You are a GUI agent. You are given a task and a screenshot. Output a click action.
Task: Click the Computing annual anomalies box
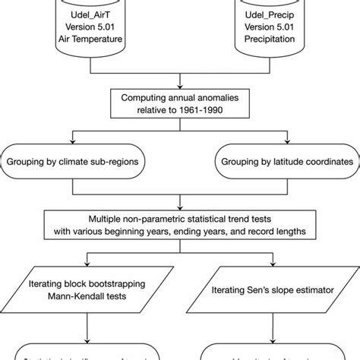pos(179,102)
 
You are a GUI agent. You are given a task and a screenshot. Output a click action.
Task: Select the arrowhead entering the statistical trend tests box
pos(179,204)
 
